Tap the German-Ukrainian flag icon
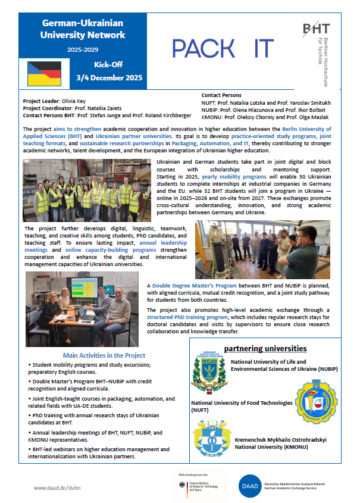(44, 73)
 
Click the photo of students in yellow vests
(87, 190)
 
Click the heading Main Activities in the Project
(100, 339)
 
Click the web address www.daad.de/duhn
(58, 488)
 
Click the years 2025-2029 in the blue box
(83, 50)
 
